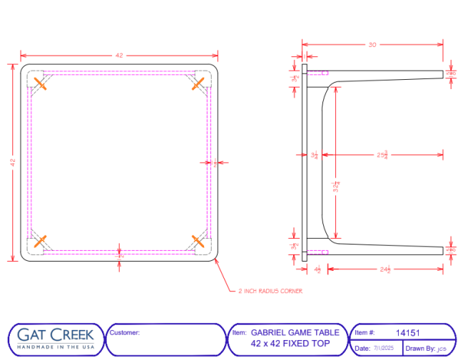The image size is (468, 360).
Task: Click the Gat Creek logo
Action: click(56, 338)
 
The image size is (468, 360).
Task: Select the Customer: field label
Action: click(125, 332)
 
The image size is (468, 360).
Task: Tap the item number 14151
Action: click(407, 332)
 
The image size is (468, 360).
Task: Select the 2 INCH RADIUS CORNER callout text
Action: click(271, 291)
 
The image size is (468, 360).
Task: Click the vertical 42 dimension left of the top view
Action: click(13, 163)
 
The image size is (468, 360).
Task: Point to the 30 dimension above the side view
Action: click(372, 45)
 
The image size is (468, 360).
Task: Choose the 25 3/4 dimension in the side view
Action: click(382, 154)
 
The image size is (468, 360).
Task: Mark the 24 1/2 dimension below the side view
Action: click(386, 269)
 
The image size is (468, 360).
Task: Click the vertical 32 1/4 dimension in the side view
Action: click(335, 187)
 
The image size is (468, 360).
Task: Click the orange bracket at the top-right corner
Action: click(198, 84)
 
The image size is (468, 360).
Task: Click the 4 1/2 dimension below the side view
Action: click(317, 269)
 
